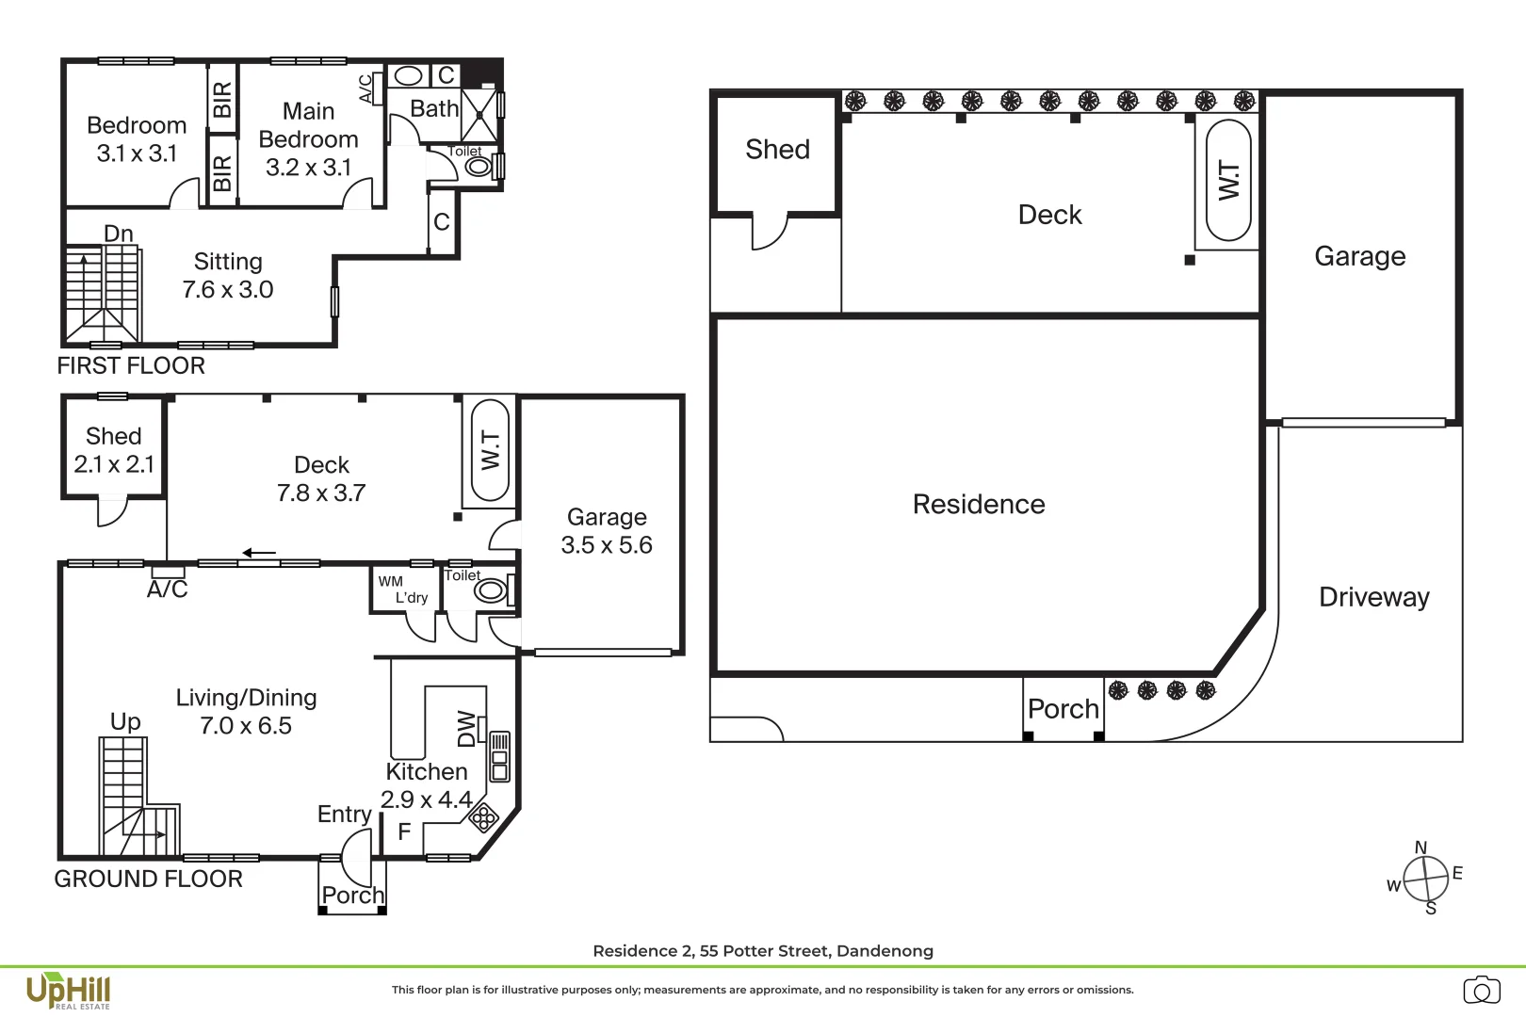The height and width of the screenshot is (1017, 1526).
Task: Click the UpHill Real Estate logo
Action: (68, 992)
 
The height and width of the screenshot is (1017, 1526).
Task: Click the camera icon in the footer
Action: (1481, 991)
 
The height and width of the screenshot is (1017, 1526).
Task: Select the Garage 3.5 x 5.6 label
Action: (607, 531)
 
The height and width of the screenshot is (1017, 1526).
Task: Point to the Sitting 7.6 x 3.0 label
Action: (228, 276)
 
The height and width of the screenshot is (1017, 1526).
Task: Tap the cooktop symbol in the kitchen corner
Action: (483, 817)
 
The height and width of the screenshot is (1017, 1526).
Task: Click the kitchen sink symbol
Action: (499, 756)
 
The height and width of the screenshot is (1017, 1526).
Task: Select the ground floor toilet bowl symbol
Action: (490, 591)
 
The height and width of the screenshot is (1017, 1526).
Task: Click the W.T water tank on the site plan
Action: (1228, 180)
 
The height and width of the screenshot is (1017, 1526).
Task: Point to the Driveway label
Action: (1373, 597)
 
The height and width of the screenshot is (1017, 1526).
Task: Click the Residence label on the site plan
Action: (978, 505)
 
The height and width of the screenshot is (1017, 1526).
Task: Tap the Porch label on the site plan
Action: (1063, 709)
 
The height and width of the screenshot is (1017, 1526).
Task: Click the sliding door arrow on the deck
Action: (259, 553)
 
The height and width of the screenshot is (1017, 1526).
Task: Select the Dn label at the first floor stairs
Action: (119, 234)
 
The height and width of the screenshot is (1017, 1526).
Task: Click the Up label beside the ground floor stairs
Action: (125, 721)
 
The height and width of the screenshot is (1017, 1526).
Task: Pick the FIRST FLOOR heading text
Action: (131, 366)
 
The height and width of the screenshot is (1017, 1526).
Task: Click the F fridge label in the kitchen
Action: (404, 831)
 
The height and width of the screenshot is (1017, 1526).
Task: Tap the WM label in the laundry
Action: (390, 582)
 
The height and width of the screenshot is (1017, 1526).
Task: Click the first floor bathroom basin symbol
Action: (408, 75)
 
